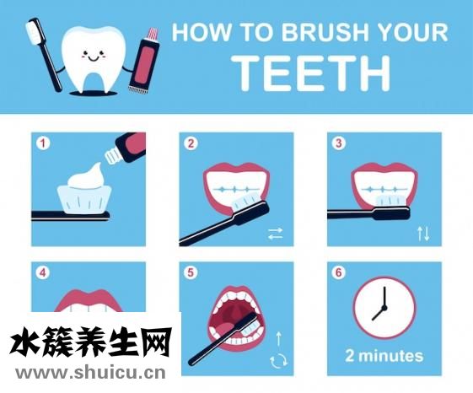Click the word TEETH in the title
pos(313,73)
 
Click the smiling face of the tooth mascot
pos(93,56)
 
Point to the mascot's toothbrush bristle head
pos(34,31)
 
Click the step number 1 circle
pos(43,143)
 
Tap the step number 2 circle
pos(191,143)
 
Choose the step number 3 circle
pos(338,143)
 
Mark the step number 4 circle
pos(43,273)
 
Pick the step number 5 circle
pos(191,273)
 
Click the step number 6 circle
pos(338,273)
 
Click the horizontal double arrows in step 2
pos(275,234)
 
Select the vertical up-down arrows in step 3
pos(423,234)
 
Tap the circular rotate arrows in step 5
pos(278,361)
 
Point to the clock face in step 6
pos(384,308)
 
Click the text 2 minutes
pos(384,356)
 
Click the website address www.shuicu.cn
pos(90,373)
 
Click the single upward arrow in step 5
pos(279,339)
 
